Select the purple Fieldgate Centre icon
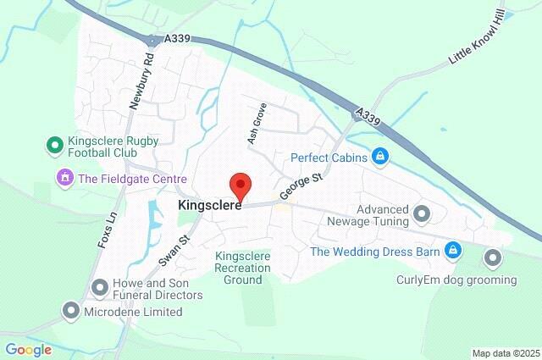tap(64, 179)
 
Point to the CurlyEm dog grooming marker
tap(493, 257)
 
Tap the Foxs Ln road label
tap(105, 230)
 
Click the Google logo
tap(28, 349)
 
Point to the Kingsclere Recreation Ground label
tap(242, 268)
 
